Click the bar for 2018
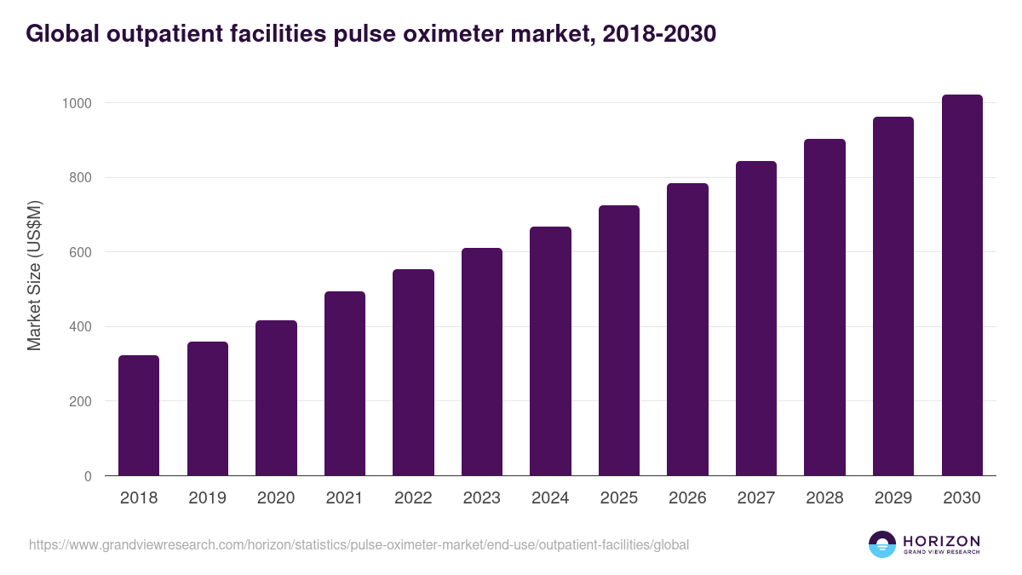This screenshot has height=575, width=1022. (139, 416)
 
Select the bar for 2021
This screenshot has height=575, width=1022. (345, 383)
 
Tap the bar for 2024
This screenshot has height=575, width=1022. (550, 351)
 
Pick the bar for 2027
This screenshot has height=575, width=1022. (756, 319)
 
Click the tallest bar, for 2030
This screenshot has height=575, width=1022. (962, 285)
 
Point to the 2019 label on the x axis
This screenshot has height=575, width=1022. (207, 498)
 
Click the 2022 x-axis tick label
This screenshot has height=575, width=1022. (413, 498)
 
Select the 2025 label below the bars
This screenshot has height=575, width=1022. (619, 498)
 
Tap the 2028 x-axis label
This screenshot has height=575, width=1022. (824, 498)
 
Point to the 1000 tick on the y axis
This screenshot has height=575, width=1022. (77, 103)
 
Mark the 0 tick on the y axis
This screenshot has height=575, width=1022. (89, 476)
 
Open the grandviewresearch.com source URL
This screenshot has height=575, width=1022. (359, 544)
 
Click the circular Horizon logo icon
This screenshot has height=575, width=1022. (882, 544)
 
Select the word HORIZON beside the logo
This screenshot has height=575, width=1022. (941, 541)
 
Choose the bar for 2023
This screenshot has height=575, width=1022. (482, 362)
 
